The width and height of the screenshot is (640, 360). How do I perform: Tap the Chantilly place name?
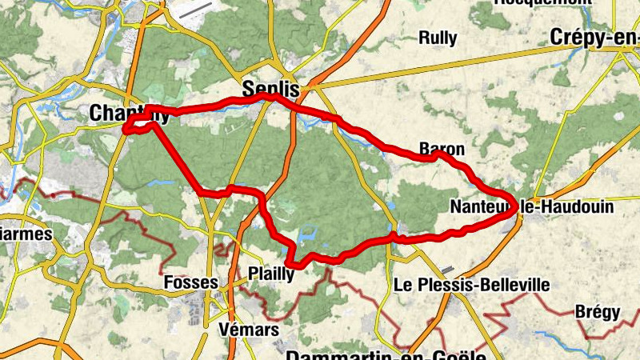click(x=128, y=113)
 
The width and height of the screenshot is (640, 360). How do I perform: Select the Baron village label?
click(x=441, y=149)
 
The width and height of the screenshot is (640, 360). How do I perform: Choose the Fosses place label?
click(x=190, y=282)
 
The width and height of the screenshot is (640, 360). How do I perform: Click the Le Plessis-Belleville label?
click(x=472, y=285)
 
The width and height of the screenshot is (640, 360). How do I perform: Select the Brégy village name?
click(x=598, y=312)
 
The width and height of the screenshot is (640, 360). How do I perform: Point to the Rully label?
click(x=438, y=38)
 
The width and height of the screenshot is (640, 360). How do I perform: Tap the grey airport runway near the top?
click(x=195, y=10)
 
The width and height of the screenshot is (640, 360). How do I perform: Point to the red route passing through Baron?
click(x=433, y=158)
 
